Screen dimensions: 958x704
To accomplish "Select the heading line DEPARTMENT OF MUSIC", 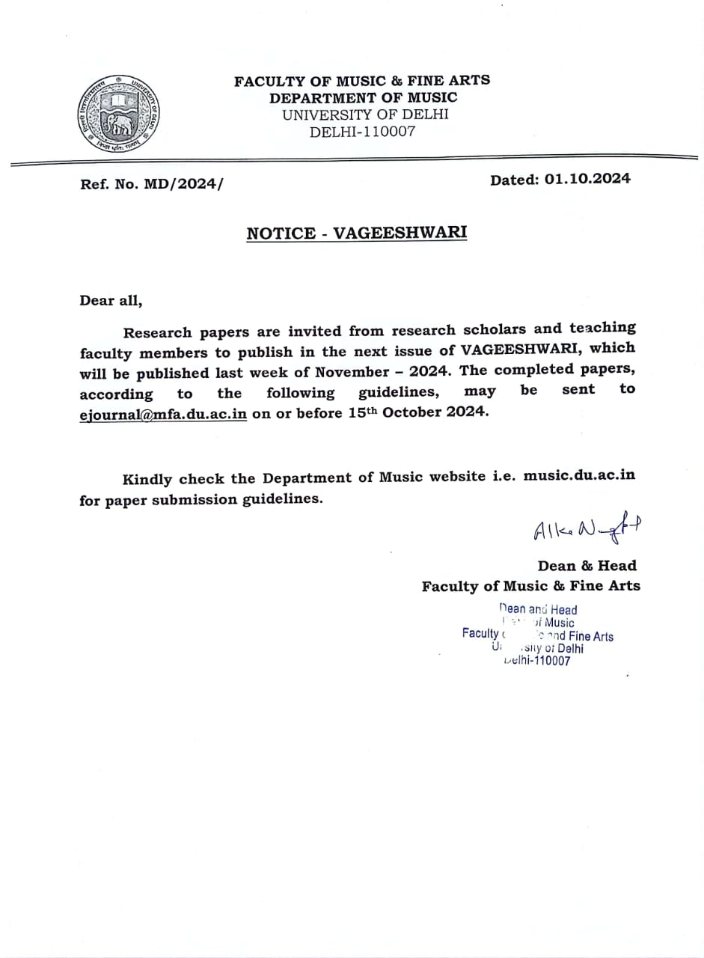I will (363, 97).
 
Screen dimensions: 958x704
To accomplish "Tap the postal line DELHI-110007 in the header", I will (363, 132).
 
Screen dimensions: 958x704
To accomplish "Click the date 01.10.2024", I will (587, 179).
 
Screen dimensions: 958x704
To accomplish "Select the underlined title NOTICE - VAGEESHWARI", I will (357, 233).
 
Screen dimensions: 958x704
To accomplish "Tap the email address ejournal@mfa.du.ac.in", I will (163, 414).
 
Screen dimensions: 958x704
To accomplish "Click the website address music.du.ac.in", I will (580, 476).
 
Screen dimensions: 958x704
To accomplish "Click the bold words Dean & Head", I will (587, 566).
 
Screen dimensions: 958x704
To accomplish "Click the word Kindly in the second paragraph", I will (147, 479).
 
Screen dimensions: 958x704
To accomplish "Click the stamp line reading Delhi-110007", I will (537, 661).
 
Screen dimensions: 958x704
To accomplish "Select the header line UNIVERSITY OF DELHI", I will (364, 115).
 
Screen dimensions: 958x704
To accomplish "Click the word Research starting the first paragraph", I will (157, 332).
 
